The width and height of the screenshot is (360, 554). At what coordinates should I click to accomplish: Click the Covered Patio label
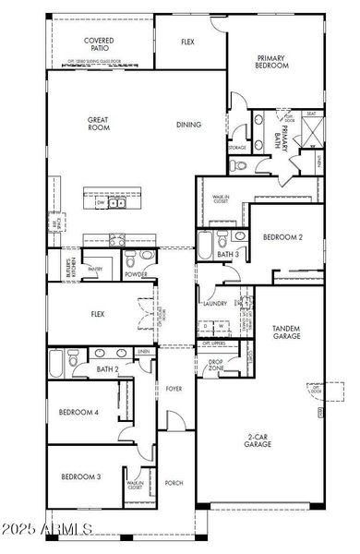pos(99,45)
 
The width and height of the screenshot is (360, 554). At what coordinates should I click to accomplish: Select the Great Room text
pos(99,124)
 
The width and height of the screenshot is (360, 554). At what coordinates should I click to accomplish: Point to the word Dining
pos(189,124)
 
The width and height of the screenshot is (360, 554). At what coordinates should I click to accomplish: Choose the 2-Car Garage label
pos(258,440)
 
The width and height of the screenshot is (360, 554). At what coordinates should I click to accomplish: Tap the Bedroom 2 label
pos(282,237)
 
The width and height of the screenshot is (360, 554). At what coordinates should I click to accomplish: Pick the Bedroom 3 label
pos(80,477)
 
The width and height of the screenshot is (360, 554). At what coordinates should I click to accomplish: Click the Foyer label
pos(174,389)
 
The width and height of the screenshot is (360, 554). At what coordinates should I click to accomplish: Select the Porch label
pos(174,482)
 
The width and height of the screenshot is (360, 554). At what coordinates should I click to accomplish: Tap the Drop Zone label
pos(216,365)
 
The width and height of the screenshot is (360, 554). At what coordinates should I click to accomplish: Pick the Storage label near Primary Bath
pos(236,148)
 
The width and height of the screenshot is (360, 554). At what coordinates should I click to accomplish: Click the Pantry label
pos(94,270)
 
